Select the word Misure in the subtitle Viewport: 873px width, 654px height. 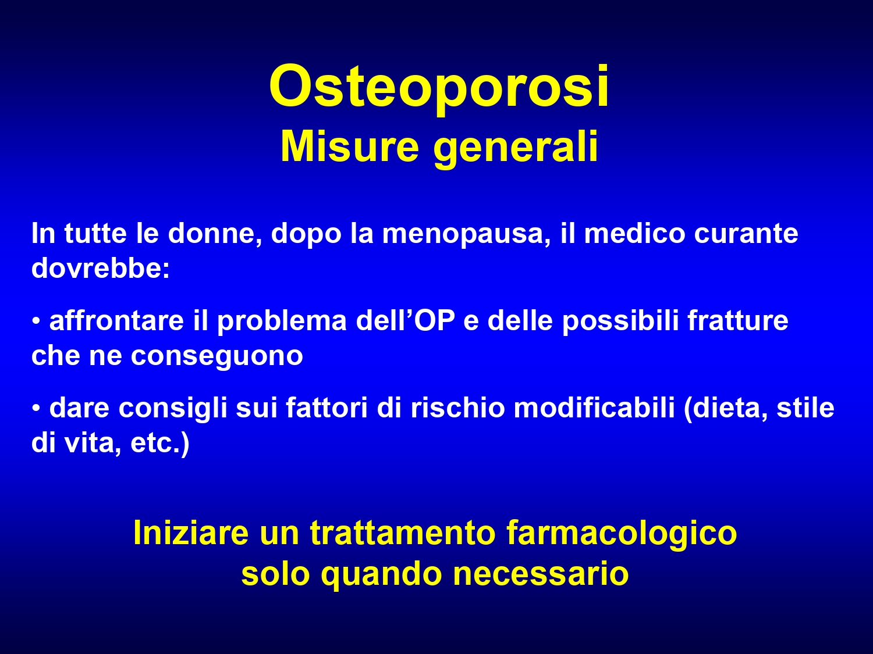350,147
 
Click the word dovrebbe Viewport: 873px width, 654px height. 101,268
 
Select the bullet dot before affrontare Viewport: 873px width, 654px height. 36,320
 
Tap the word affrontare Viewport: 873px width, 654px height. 116,320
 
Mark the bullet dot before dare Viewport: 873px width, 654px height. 36,408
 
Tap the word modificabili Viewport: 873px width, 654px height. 594,408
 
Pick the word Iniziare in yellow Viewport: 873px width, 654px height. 191,533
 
